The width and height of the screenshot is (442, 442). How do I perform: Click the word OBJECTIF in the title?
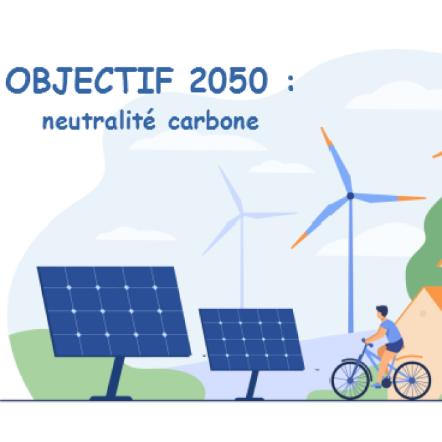coord(90,81)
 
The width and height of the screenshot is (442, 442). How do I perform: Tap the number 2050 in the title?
coord(228,81)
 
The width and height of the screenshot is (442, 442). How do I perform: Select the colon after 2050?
coord(290,83)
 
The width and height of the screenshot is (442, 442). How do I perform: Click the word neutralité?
coord(99,120)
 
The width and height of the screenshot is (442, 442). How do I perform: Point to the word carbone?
coord(214,122)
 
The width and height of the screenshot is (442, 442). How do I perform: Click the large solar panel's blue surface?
coord(114,311)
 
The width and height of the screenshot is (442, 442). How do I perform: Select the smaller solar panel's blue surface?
coord(252,339)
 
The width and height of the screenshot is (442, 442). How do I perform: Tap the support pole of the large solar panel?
coord(115,377)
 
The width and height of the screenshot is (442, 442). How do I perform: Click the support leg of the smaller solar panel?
coord(252,384)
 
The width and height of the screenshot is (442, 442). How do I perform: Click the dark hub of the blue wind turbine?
coord(350,196)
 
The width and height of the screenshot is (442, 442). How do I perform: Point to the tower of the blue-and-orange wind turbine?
coord(351,265)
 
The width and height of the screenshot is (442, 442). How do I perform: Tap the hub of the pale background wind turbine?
coord(242,214)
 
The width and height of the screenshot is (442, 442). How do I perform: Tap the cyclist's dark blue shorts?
coord(395,346)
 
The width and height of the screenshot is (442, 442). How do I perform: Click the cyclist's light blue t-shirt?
coord(391,331)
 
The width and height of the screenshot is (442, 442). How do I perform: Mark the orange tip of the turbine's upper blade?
coord(326,137)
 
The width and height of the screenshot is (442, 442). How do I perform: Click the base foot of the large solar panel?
coord(111,398)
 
